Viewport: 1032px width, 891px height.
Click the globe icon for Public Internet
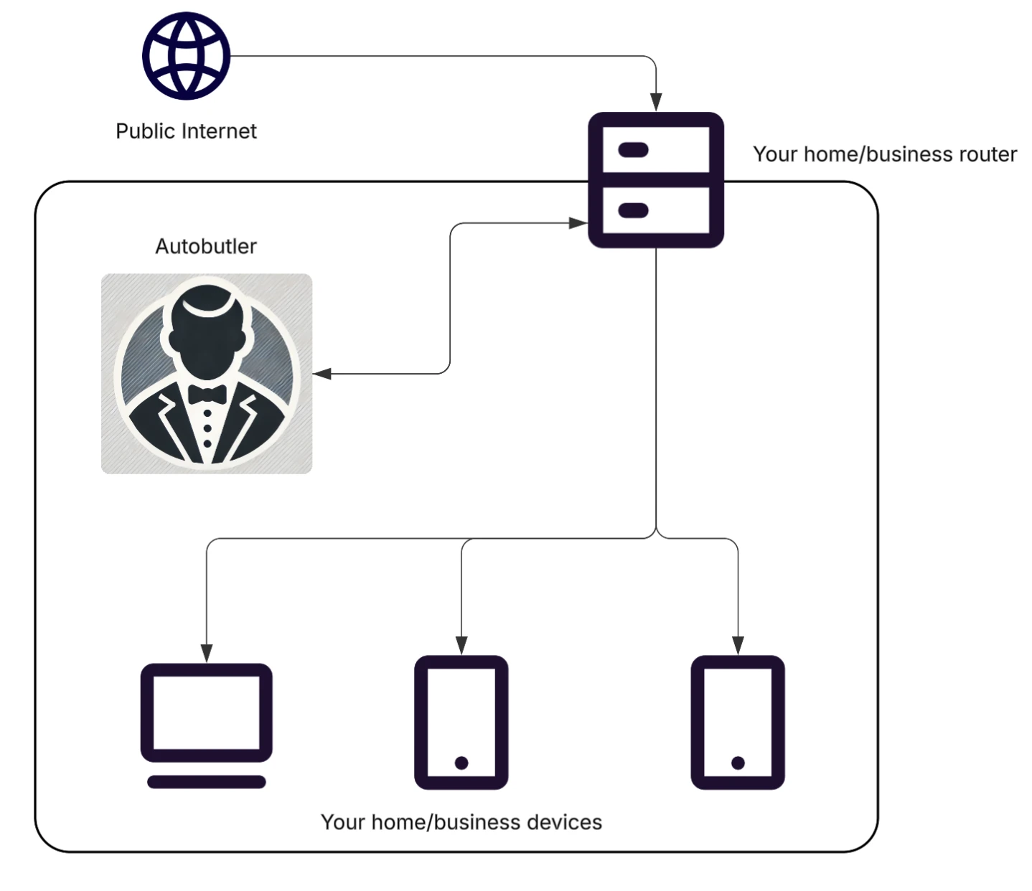pyautogui.click(x=186, y=56)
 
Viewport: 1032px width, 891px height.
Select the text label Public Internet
pyautogui.click(x=186, y=131)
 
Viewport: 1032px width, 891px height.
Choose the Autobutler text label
pyautogui.click(x=206, y=246)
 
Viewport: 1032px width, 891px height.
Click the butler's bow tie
pyautogui.click(x=207, y=394)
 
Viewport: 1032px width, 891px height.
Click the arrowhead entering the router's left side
pyautogui.click(x=578, y=223)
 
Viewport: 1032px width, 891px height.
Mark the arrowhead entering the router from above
pyautogui.click(x=655, y=102)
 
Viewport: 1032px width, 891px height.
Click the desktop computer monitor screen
pyautogui.click(x=206, y=712)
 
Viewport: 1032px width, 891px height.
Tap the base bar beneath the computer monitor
pyautogui.click(x=206, y=782)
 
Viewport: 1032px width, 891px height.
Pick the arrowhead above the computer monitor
pyautogui.click(x=207, y=653)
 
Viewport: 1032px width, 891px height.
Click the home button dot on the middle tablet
pyautogui.click(x=461, y=763)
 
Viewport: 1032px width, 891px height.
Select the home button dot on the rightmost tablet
pyautogui.click(x=738, y=763)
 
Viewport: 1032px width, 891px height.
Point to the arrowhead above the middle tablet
pyautogui.click(x=461, y=645)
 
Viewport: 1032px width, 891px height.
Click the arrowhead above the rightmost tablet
pyautogui.click(x=738, y=645)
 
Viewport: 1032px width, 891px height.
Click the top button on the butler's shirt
pyautogui.click(x=207, y=414)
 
